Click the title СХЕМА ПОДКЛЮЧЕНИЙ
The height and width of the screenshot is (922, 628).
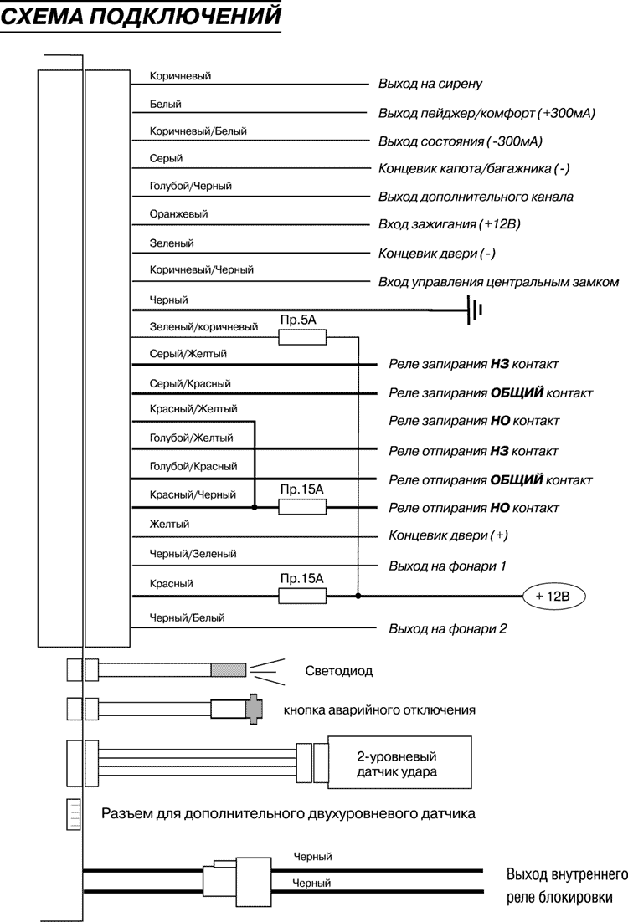(140, 16)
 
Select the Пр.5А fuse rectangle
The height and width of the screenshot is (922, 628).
(302, 336)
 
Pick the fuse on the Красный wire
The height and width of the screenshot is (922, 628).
(302, 596)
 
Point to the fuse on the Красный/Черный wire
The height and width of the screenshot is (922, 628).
(302, 507)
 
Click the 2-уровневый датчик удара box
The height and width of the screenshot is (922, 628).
(403, 763)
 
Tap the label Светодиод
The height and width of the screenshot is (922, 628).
(338, 671)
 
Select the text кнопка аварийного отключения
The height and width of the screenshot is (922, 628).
(379, 710)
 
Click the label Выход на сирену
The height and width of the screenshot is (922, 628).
(430, 85)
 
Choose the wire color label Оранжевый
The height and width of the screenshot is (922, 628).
(178, 213)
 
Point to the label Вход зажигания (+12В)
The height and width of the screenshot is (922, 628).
(450, 225)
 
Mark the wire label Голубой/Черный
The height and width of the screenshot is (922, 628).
(190, 186)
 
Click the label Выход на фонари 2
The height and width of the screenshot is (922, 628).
(447, 628)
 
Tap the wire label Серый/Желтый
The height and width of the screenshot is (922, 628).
(188, 354)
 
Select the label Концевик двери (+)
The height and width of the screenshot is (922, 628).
(449, 535)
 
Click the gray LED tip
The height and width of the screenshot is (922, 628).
(229, 669)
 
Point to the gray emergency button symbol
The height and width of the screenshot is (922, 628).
(254, 709)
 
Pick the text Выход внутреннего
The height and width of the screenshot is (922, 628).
(567, 876)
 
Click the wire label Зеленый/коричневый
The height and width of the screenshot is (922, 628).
(203, 327)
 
